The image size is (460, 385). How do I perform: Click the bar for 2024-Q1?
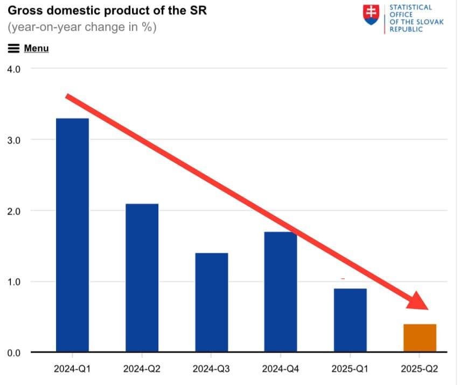point(72,235)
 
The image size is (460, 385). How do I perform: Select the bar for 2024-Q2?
point(142,278)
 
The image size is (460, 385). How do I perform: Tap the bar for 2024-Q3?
point(211,302)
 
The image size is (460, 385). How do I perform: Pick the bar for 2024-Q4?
point(280,292)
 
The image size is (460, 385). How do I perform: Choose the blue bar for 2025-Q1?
point(350,320)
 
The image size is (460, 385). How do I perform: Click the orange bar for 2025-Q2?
point(420,338)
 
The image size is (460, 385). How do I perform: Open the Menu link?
point(36,49)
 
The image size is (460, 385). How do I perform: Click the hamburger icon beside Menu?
point(14,49)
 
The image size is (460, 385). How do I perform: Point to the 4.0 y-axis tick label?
point(13,69)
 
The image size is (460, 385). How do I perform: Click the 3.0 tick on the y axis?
point(13,140)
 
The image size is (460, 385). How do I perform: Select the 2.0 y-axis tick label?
point(13,211)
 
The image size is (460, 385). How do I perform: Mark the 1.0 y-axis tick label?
point(13,282)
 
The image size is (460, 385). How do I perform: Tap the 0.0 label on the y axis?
point(13,353)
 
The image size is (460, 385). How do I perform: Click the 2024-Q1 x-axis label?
point(72,369)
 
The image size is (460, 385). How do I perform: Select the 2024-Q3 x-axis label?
point(211,369)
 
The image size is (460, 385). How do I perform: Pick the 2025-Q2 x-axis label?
point(420,369)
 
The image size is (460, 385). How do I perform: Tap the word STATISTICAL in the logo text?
point(410,7)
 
